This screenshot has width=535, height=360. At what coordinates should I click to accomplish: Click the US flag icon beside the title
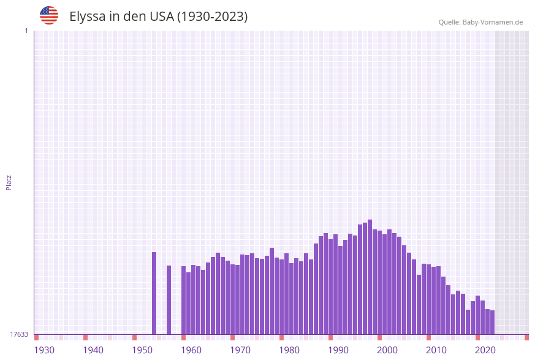click(x=49, y=15)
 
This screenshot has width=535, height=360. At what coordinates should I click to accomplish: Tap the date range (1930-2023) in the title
click(x=212, y=17)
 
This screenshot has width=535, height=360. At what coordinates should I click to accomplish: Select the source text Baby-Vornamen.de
click(x=493, y=22)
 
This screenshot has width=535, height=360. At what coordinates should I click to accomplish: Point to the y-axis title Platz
click(x=9, y=182)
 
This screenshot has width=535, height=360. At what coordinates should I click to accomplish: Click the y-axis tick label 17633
click(x=19, y=334)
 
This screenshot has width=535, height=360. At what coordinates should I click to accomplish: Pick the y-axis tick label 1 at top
click(x=26, y=31)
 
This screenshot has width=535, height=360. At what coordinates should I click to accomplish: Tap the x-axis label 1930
click(x=44, y=350)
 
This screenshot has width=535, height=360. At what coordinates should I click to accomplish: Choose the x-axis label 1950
click(x=142, y=350)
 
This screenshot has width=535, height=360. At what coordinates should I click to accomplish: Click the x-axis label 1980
click(x=289, y=350)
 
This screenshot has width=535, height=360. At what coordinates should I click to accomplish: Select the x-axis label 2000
click(x=387, y=350)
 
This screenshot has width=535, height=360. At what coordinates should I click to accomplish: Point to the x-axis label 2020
click(x=485, y=350)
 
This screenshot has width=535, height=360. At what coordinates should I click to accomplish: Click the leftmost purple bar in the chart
click(x=154, y=293)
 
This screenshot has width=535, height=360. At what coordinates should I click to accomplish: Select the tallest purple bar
click(x=370, y=277)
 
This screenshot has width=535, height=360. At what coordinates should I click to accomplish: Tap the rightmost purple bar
click(x=492, y=322)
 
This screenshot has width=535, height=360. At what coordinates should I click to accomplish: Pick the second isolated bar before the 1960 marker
click(x=169, y=300)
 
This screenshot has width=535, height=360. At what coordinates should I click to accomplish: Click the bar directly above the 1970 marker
click(x=233, y=299)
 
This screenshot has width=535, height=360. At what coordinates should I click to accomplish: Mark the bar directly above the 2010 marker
click(x=429, y=299)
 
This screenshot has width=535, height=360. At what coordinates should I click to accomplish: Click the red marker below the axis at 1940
click(x=86, y=337)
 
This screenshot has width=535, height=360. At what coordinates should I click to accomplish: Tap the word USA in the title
click(x=162, y=17)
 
